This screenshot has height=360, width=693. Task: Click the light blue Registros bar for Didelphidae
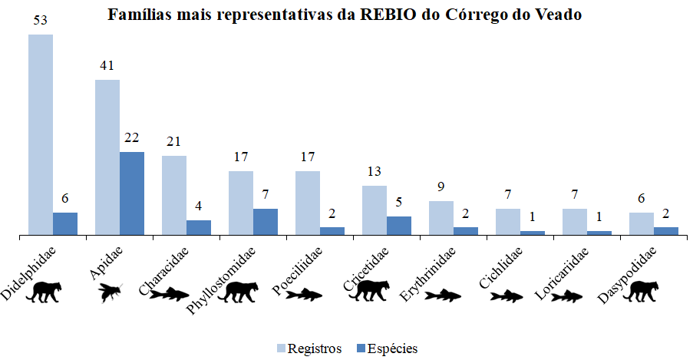(41, 134)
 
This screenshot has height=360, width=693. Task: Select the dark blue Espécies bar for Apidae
(132, 193)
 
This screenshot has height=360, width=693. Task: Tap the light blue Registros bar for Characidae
(174, 195)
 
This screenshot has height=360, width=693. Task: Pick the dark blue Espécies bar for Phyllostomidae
(266, 221)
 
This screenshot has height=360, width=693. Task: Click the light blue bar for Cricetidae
(375, 210)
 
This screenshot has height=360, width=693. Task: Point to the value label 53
(41, 19)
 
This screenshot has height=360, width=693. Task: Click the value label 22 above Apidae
(132, 137)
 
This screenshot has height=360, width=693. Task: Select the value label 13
(375, 170)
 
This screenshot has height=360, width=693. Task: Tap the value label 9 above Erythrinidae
(441, 186)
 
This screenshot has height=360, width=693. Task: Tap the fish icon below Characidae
(170, 292)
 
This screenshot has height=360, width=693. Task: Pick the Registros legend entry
(309, 348)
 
